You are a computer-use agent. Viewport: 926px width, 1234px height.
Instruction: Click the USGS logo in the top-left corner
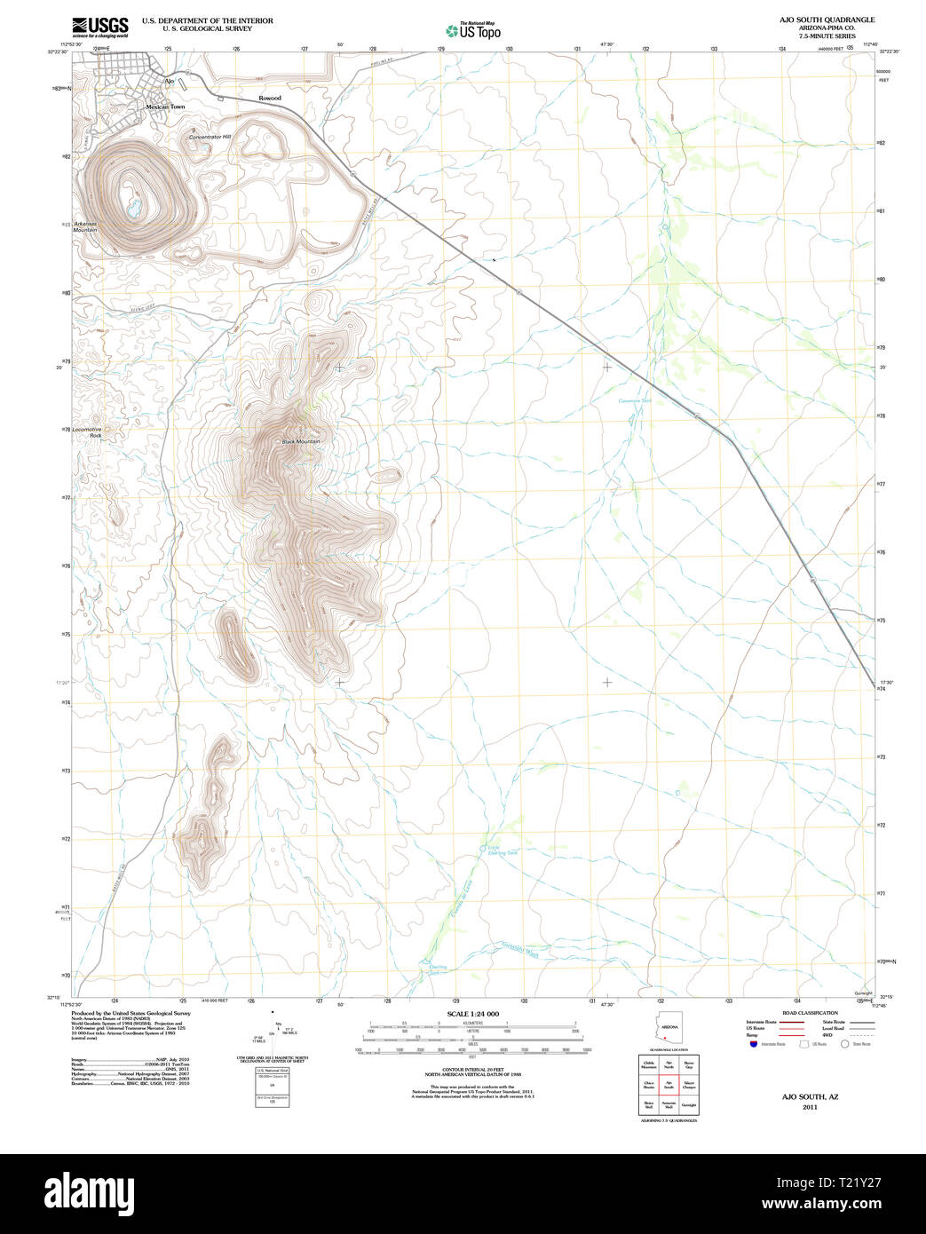pos(99,26)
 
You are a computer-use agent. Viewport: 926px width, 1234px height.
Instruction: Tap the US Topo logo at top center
pos(473,30)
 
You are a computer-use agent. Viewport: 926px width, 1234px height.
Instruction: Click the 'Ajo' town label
pos(170,82)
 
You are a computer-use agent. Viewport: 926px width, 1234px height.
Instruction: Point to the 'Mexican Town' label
pos(165,107)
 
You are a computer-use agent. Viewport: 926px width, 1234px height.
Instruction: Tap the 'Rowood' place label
pos(270,98)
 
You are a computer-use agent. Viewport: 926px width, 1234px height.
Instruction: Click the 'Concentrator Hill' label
pos(210,137)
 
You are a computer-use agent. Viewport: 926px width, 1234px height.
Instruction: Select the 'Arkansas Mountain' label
pos(85,226)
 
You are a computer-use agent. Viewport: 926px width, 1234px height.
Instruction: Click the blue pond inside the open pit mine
pos(132,210)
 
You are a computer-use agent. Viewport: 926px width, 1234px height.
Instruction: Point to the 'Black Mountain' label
pos(300,441)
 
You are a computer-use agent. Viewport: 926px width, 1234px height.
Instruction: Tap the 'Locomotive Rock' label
pos(87,432)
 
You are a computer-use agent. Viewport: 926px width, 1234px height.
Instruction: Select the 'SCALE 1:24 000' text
pos(472,1014)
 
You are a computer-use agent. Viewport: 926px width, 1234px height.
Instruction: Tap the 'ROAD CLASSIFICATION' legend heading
pos(810,1013)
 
